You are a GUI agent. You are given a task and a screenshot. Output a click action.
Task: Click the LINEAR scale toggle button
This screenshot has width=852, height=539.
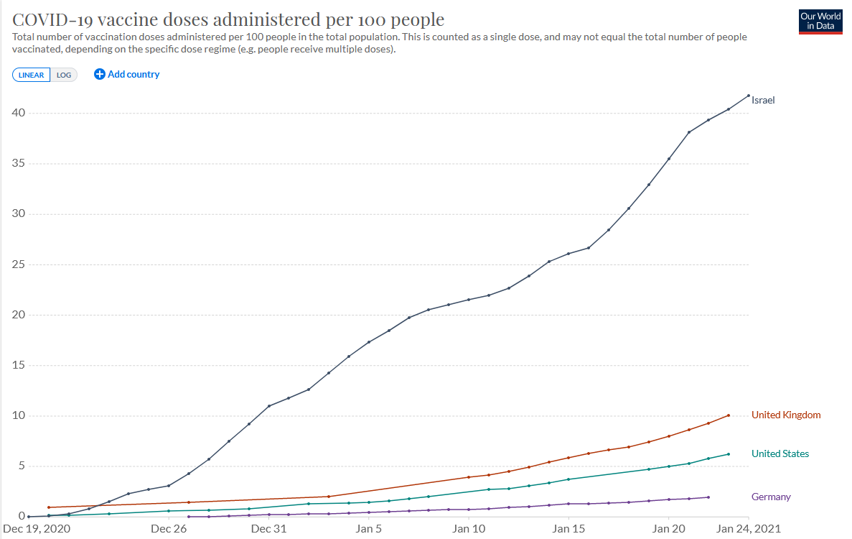[31, 75]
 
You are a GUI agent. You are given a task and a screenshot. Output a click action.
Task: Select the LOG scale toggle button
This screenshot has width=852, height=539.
[64, 75]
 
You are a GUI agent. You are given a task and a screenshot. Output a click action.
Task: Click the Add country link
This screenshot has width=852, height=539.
[127, 74]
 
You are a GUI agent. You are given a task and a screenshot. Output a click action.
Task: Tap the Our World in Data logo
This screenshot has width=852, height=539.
[821, 21]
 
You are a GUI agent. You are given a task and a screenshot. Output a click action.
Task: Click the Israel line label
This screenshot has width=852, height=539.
[763, 100]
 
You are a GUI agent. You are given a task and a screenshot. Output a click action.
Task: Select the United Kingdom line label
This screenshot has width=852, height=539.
[786, 415]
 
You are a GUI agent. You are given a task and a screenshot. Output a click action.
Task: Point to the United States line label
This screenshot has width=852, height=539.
[780, 453]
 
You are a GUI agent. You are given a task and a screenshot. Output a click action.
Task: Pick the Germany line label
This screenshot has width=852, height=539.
[771, 497]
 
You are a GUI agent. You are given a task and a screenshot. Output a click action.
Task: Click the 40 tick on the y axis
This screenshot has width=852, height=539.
[18, 113]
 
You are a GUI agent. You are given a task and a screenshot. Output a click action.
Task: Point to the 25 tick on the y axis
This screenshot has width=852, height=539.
[18, 264]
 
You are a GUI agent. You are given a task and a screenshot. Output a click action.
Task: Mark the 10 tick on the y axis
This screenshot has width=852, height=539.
[18, 415]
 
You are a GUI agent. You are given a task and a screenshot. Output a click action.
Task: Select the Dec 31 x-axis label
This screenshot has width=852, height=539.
[269, 529]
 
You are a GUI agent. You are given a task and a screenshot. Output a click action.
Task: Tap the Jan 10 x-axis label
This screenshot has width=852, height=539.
[469, 529]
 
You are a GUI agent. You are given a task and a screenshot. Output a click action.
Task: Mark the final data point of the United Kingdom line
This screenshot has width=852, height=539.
[729, 415]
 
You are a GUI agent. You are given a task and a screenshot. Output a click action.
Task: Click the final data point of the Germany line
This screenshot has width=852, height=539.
[708, 497]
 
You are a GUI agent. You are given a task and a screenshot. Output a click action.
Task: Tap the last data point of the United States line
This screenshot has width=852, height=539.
[729, 453]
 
